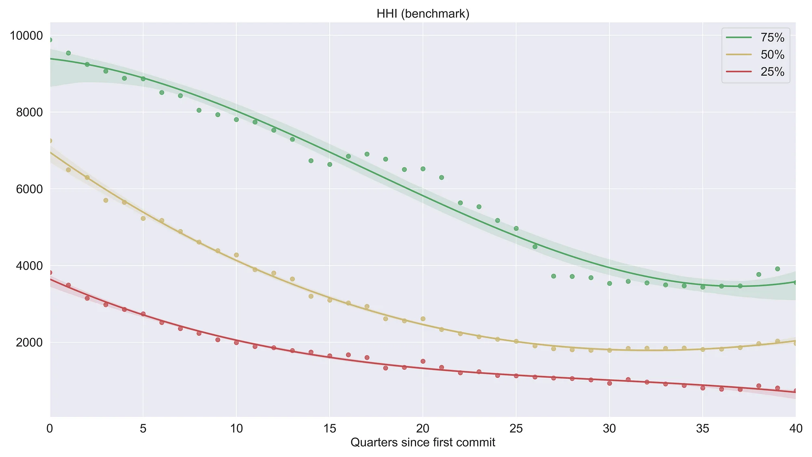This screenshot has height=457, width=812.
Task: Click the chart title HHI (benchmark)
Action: click(423, 14)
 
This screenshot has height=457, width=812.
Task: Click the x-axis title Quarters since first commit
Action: click(423, 442)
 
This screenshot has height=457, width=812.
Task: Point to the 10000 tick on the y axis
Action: click(26, 36)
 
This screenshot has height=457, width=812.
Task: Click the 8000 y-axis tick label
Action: click(29, 113)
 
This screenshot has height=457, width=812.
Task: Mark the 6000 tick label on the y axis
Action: click(29, 189)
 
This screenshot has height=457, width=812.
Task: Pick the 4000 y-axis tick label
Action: click(29, 266)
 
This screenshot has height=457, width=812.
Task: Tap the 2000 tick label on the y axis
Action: click(29, 342)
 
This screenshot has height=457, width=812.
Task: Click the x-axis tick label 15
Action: click(329, 429)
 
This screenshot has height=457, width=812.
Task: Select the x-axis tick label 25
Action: click(516, 429)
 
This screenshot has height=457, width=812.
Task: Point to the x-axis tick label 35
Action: click(702, 429)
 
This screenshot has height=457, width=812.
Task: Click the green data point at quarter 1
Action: click(68, 53)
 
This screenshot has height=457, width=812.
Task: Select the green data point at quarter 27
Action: click(553, 276)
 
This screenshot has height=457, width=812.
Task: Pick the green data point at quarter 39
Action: click(777, 269)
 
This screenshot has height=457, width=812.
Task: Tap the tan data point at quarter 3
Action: click(106, 200)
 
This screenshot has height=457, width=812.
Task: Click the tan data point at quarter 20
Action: click(423, 319)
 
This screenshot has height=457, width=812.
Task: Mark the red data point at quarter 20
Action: click(423, 361)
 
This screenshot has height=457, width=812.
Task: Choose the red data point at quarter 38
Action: click(759, 386)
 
